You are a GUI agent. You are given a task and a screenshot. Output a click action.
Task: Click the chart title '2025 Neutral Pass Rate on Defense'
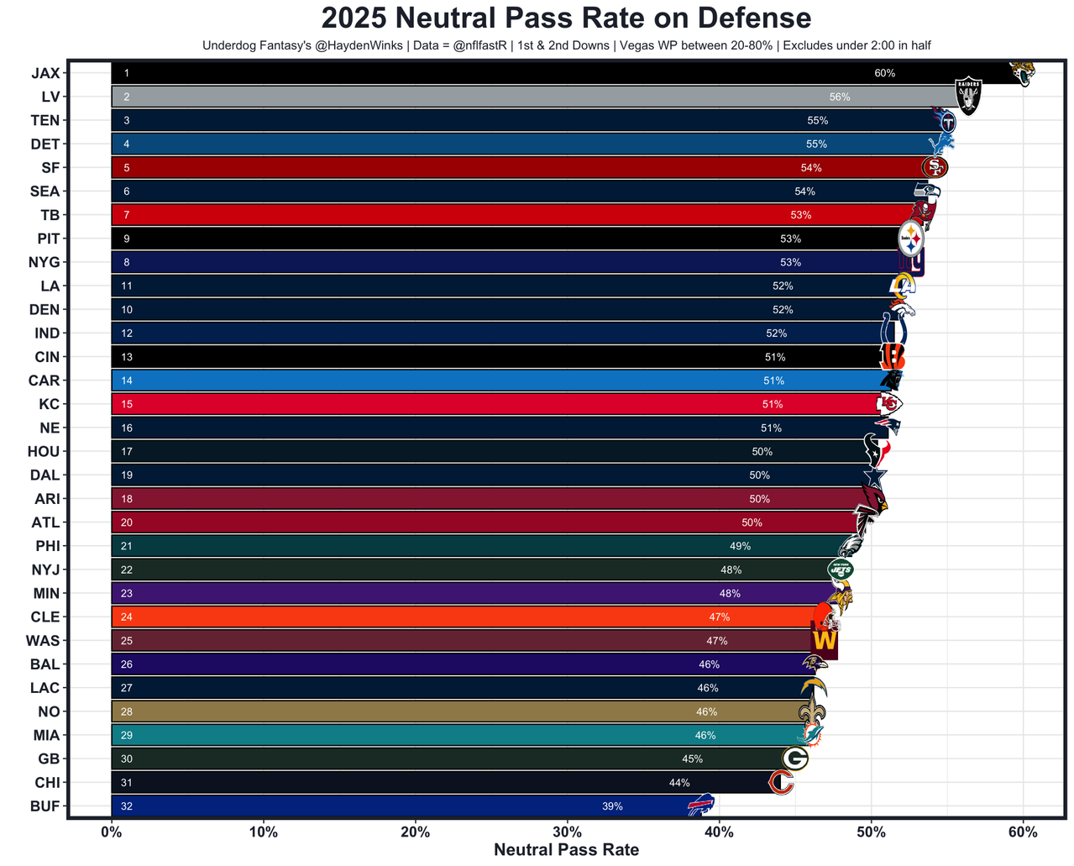click(566, 18)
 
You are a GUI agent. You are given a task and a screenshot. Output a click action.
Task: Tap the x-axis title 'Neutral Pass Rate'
click(566, 849)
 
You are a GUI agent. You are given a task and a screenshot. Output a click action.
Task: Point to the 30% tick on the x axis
click(567, 832)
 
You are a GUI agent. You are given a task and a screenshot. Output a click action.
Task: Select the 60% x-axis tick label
click(1023, 832)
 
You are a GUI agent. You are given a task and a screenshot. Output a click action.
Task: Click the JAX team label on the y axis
click(45, 73)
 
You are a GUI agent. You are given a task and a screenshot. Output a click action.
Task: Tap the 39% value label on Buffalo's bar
click(612, 806)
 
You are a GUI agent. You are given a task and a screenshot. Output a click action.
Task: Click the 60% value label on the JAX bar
click(884, 73)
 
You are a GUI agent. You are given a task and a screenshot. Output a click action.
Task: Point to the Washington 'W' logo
click(824, 641)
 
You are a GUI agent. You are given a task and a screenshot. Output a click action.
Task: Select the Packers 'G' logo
click(794, 758)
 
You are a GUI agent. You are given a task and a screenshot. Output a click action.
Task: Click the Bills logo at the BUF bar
click(700, 806)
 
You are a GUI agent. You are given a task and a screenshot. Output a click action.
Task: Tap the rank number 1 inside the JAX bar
click(127, 73)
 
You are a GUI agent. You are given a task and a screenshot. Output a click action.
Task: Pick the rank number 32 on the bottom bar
click(127, 806)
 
